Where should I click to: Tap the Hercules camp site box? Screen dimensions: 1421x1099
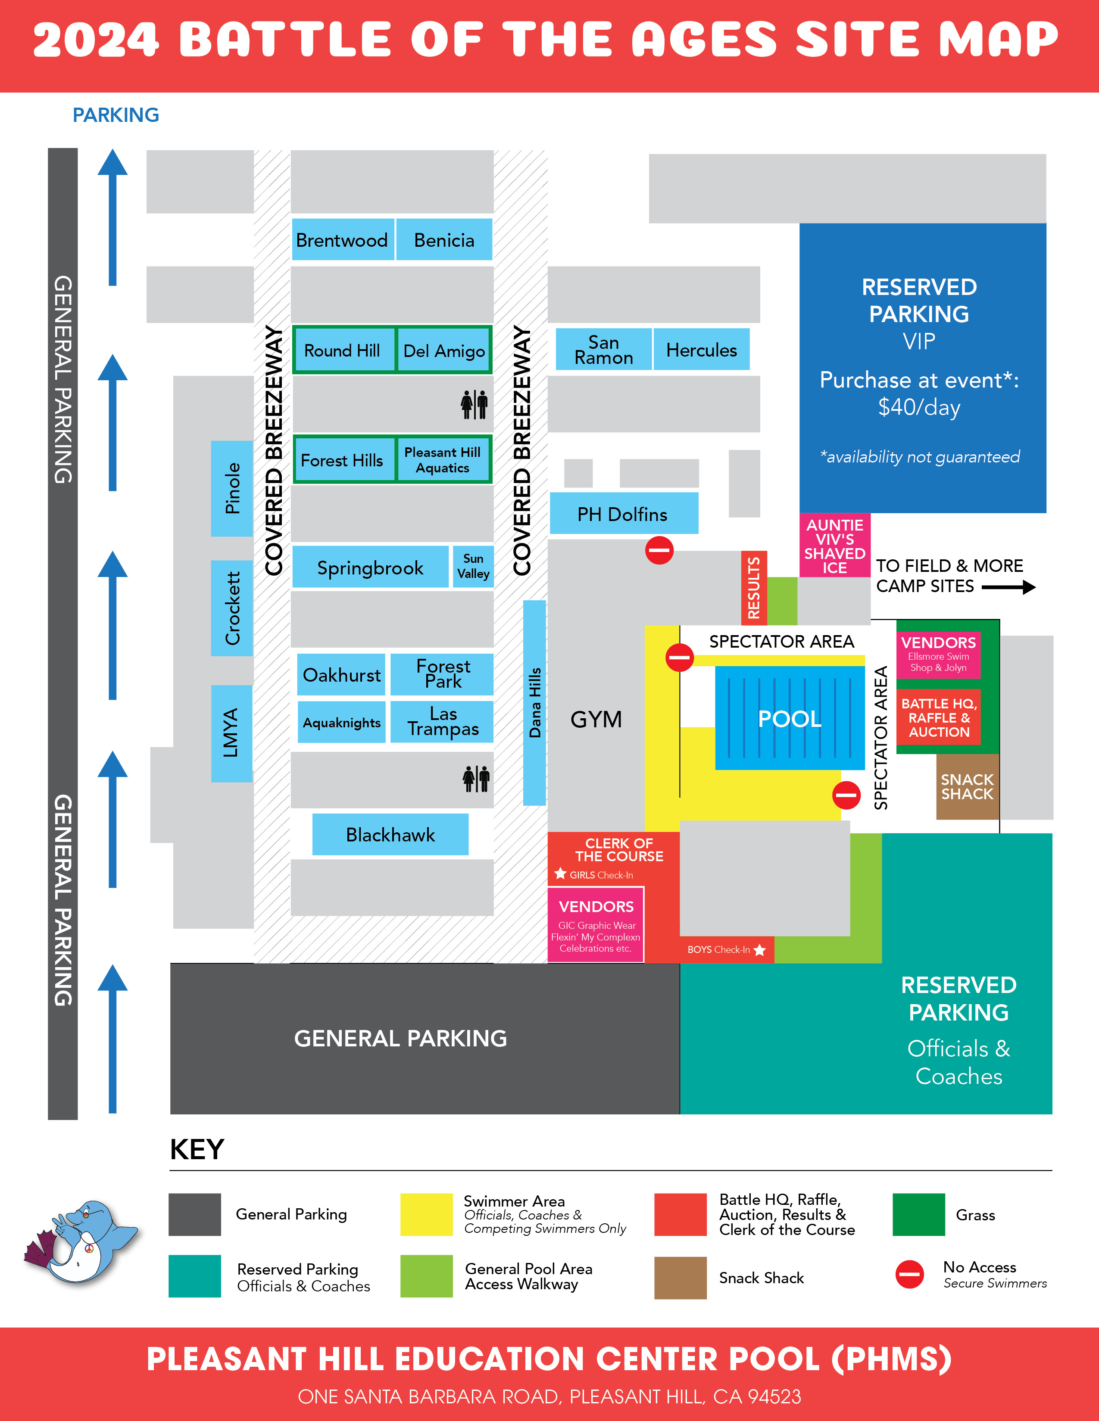701,350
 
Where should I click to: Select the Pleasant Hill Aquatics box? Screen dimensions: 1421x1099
443,460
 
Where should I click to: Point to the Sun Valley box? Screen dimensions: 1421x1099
473,566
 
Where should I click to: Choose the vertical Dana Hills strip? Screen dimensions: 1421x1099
534,703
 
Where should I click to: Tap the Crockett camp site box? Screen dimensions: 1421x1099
232,608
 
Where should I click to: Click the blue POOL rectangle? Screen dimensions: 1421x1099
790,718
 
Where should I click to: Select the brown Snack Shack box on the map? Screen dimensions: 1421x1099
967,787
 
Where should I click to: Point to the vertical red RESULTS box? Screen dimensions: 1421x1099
754,588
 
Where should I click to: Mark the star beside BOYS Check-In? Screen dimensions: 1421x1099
759,950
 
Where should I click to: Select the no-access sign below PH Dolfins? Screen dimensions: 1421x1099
659,550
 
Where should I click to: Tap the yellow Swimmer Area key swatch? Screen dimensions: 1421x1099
426,1214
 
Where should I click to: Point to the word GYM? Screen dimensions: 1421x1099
596,719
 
